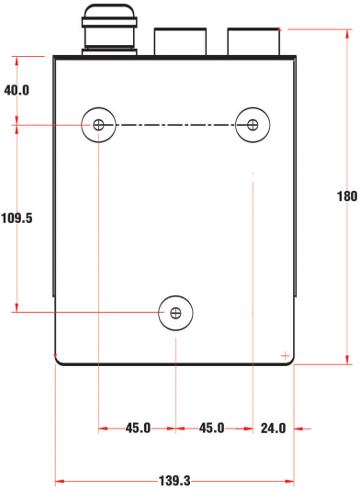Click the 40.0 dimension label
[17, 90]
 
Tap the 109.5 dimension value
[17, 217]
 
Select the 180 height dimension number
[347, 196]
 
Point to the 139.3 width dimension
[174, 481]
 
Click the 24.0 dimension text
[274, 429]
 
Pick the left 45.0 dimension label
[138, 428]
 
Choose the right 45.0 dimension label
[212, 428]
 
